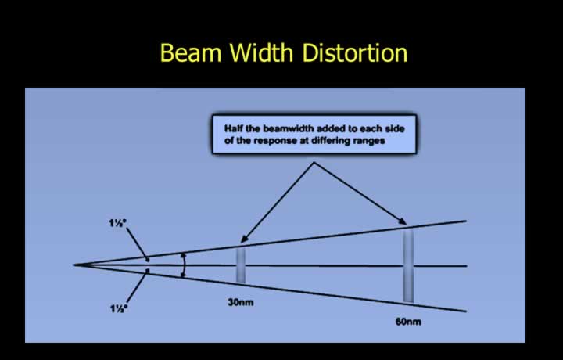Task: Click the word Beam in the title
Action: click(x=191, y=52)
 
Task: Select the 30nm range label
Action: click(x=241, y=303)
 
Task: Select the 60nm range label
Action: click(x=408, y=322)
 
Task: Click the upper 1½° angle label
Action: click(x=118, y=223)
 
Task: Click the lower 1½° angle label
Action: click(x=119, y=308)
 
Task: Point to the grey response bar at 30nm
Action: click(x=241, y=265)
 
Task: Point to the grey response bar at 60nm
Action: click(x=408, y=265)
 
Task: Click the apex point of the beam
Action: click(x=74, y=265)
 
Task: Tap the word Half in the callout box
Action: click(x=234, y=128)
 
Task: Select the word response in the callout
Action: click(x=276, y=141)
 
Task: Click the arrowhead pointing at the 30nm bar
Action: click(x=244, y=239)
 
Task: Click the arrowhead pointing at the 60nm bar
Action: click(x=403, y=221)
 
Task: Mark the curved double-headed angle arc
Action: click(x=185, y=265)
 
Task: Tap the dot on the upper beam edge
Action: click(x=147, y=259)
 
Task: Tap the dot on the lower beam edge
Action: click(x=148, y=271)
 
